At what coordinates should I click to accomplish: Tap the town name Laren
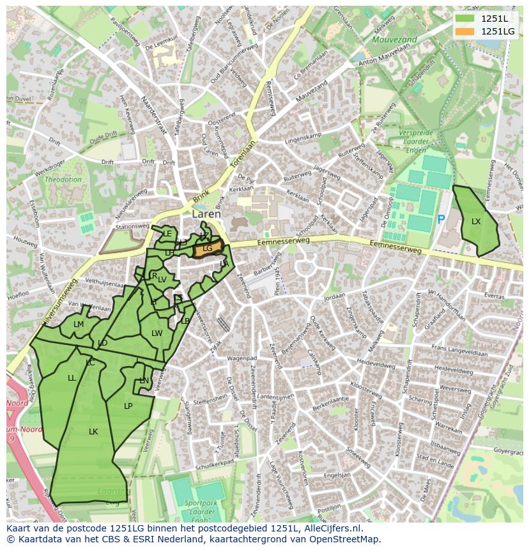[206, 215]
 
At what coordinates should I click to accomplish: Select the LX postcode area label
[476, 222]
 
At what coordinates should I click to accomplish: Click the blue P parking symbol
[441, 220]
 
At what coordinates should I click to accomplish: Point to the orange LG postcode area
[208, 248]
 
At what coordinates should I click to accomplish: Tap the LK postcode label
[93, 432]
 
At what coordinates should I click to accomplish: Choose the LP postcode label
[128, 406]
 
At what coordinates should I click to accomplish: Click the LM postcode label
[79, 325]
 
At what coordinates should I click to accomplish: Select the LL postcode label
[72, 378]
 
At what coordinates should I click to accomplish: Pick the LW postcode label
[157, 333]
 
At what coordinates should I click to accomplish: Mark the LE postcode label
[167, 234]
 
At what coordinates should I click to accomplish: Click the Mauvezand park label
[394, 40]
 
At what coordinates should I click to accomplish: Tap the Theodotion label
[63, 180]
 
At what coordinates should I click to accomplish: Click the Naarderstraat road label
[153, 114]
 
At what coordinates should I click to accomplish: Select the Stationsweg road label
[132, 226]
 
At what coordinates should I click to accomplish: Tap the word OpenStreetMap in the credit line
[349, 539]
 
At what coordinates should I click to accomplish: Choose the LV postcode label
[162, 280]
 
